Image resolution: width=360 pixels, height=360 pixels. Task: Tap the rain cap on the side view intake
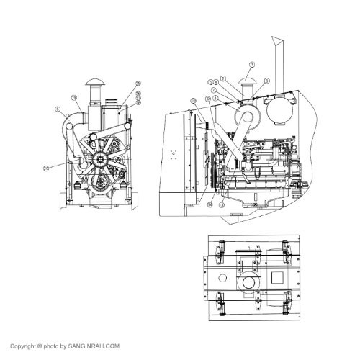point(247,83)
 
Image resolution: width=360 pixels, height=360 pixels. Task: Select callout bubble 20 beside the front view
point(46,167)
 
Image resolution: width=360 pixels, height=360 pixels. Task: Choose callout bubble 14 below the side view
point(210,204)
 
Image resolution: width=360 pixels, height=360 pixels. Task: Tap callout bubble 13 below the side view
point(222,204)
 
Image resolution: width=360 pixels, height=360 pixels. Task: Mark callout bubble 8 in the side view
point(266,81)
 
